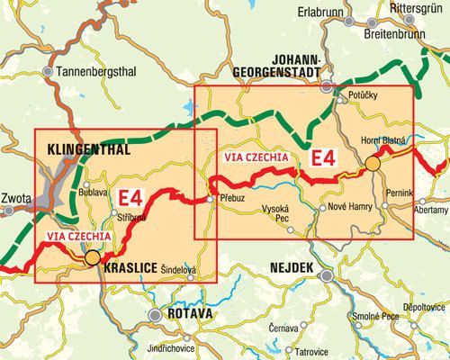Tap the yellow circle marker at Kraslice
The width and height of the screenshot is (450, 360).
point(92,259)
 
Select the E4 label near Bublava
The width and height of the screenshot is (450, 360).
point(130,196)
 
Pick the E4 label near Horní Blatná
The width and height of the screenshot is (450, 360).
point(322,159)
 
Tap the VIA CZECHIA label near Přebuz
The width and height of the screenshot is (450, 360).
point(256,157)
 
